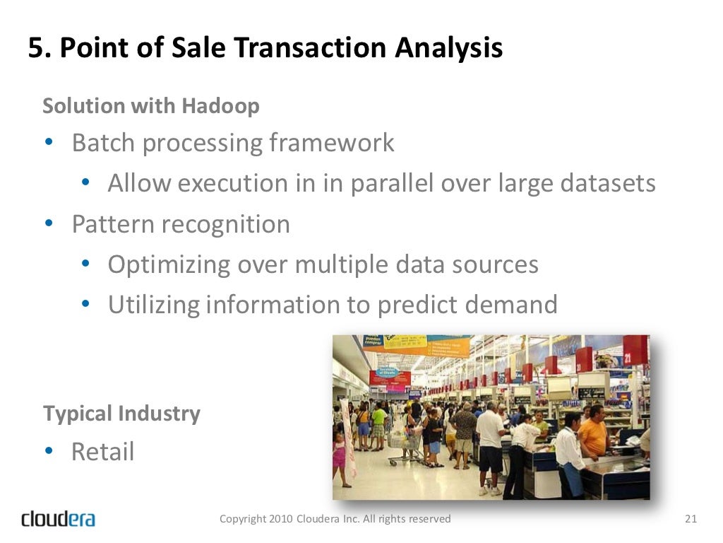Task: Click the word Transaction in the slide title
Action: [x=310, y=48]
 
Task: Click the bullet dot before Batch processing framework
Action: [x=49, y=143]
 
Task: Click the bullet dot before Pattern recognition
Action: [x=49, y=224]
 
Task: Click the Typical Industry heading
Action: [x=121, y=414]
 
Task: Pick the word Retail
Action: [x=102, y=452]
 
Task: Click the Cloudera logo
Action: [x=58, y=519]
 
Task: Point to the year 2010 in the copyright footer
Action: [x=281, y=519]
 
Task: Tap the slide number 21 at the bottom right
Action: [x=691, y=519]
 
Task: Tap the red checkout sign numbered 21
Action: [x=634, y=349]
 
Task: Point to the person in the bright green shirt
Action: [x=379, y=421]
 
